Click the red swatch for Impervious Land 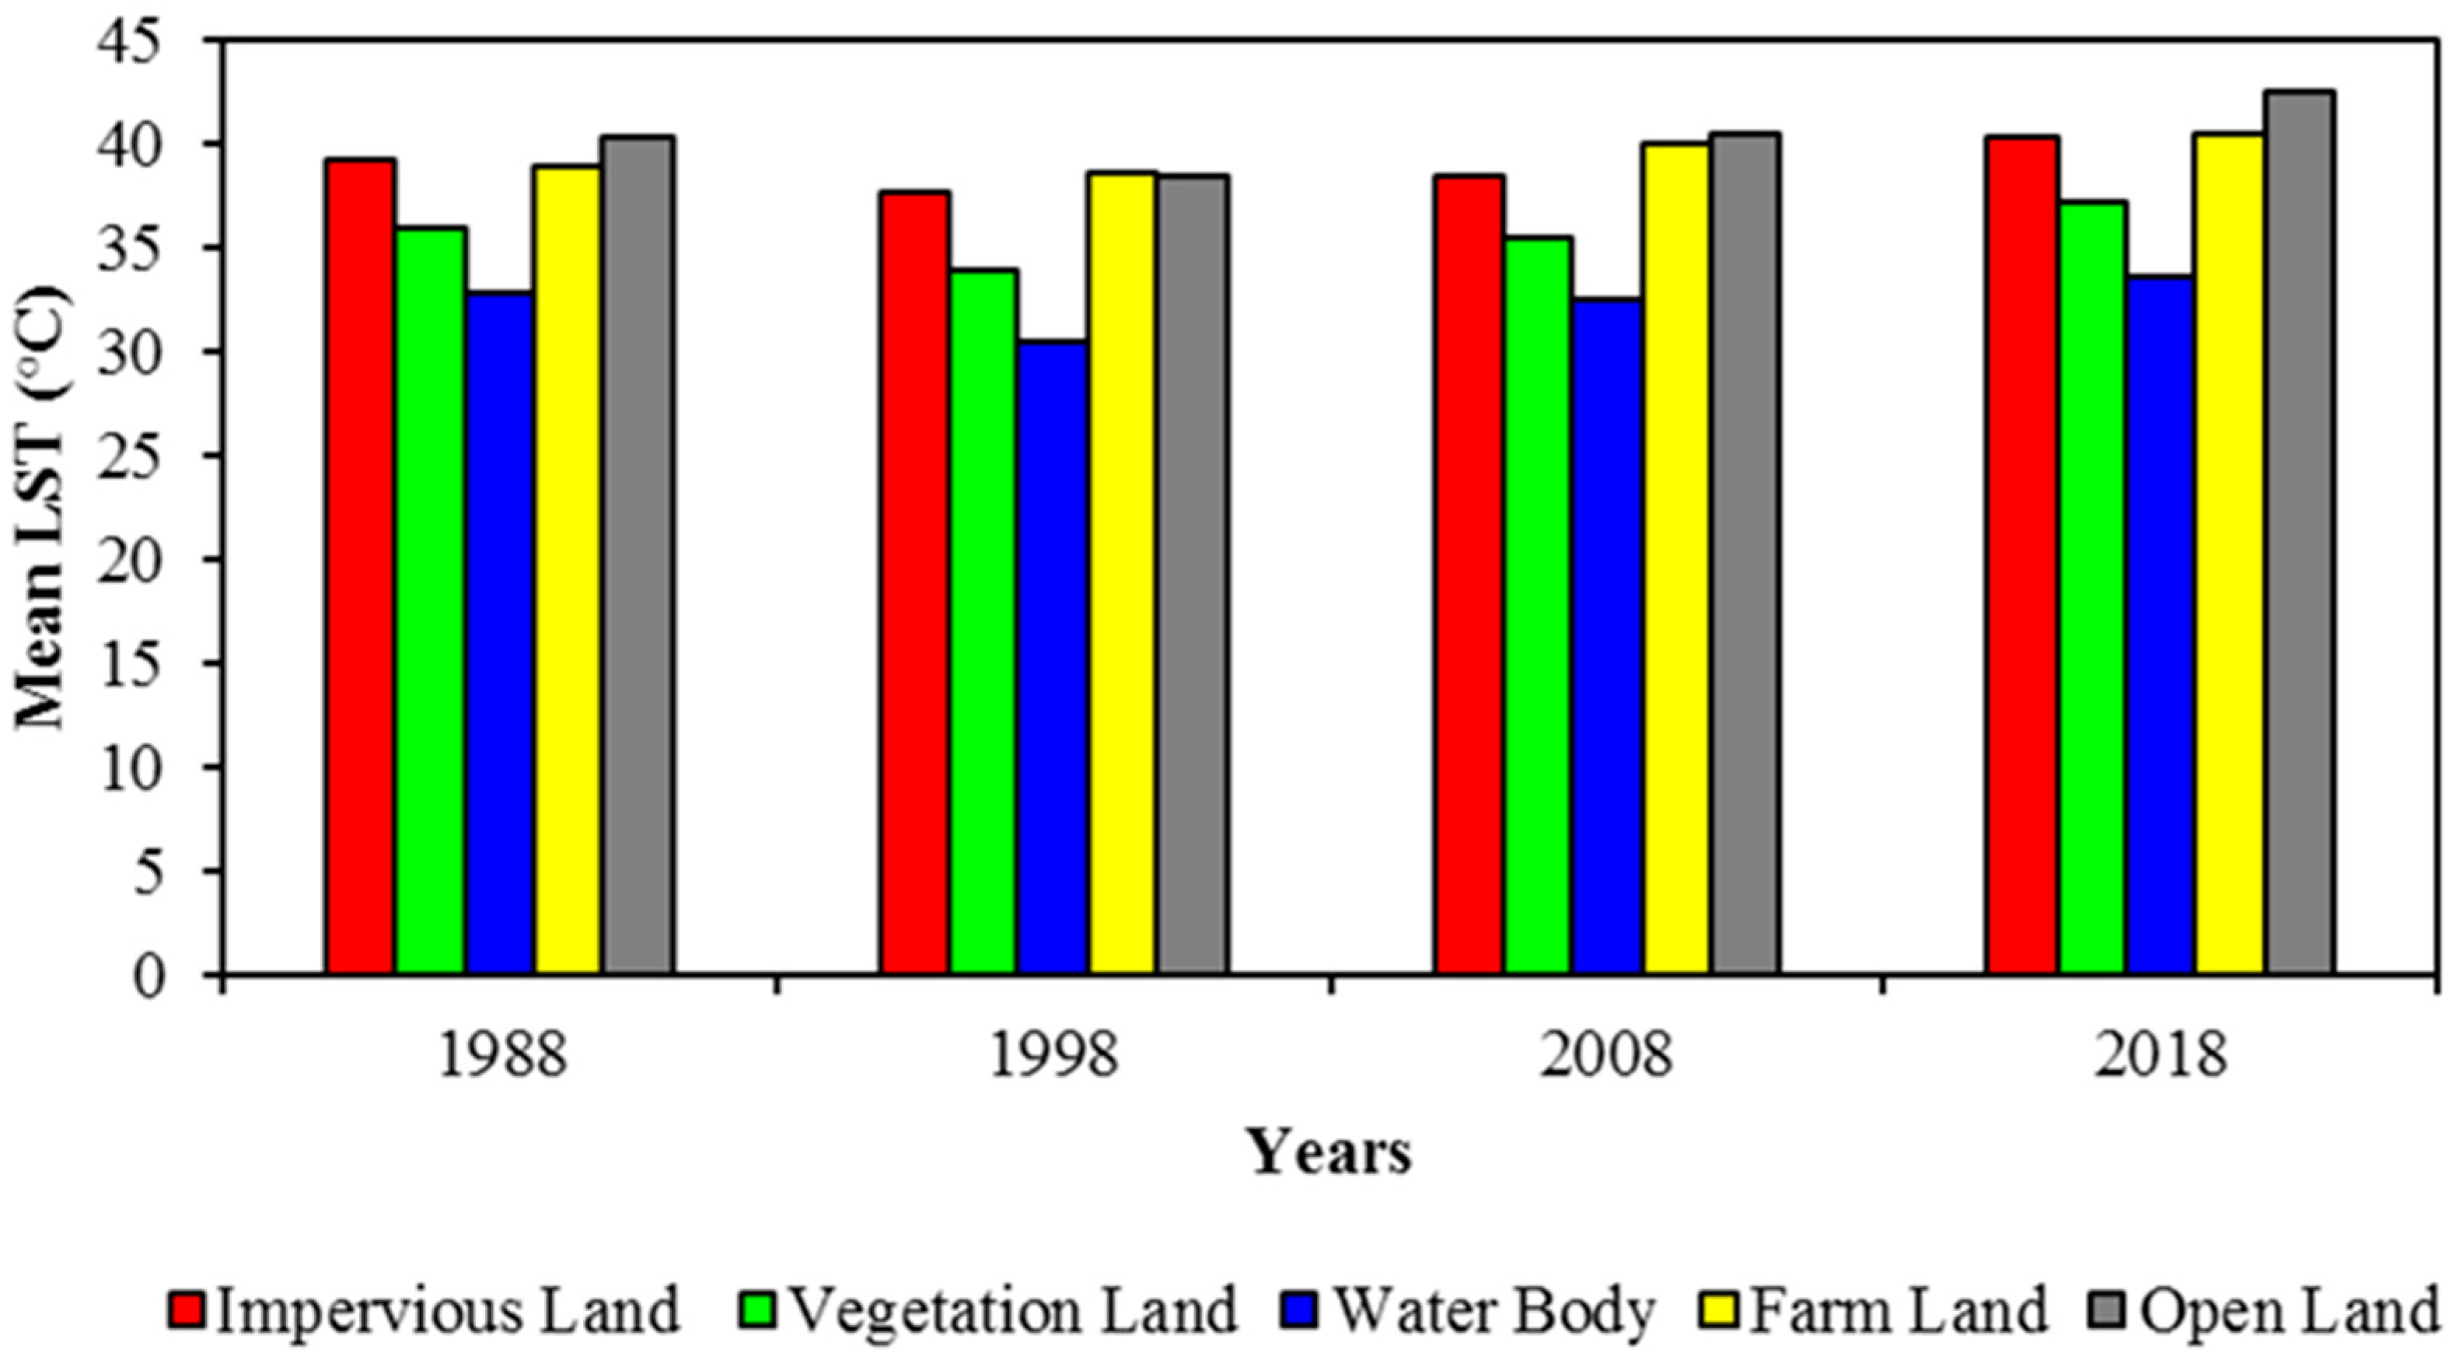(190, 1310)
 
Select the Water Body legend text (1493, 1310)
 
